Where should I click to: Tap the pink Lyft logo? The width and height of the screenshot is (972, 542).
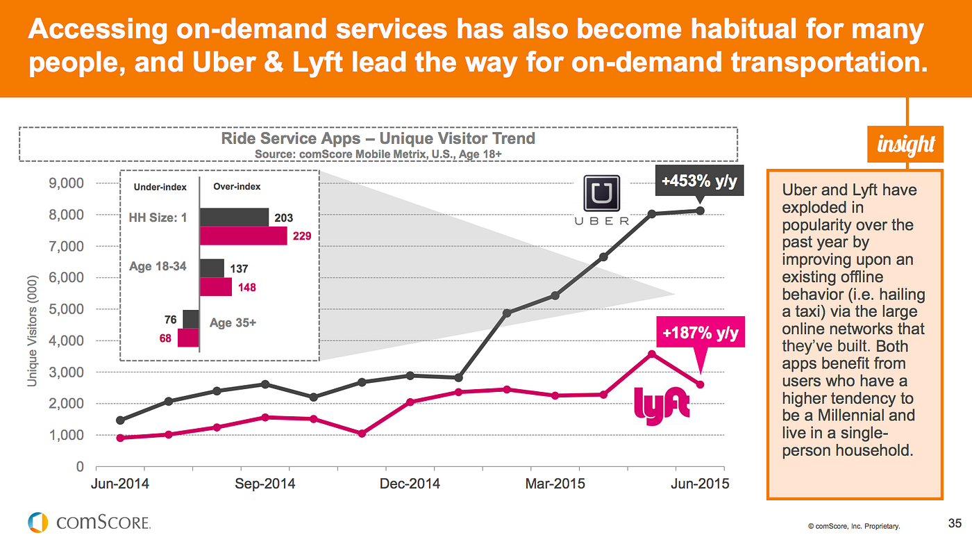[662, 403]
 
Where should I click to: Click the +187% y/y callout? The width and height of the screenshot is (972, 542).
[700, 334]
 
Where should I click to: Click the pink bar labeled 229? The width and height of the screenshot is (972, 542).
[243, 236]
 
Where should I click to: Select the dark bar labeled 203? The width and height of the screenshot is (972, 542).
[234, 217]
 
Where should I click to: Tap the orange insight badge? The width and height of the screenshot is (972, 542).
[905, 145]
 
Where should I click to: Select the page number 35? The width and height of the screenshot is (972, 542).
[955, 523]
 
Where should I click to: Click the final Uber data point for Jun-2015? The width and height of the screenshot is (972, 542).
[701, 211]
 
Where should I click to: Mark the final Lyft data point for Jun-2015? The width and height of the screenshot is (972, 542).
[701, 384]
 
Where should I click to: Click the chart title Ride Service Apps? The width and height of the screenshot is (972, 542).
[378, 138]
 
